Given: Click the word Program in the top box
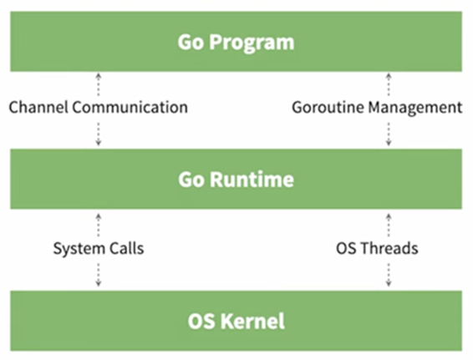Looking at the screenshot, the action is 252,43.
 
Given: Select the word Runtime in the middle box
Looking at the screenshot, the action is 252,180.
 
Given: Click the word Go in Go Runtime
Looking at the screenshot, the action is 191,180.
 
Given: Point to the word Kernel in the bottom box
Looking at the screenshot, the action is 252,321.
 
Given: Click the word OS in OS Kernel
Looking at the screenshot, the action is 201,321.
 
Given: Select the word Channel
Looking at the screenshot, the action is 38,108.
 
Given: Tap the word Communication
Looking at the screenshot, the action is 130,108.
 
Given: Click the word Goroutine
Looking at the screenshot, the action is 328,108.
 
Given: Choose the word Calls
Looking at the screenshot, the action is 126,248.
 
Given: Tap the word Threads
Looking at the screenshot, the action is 389,248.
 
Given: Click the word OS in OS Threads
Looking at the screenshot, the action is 347,248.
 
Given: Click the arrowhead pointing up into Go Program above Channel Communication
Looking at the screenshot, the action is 99,75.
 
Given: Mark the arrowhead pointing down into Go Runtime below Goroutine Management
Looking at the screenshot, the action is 389,143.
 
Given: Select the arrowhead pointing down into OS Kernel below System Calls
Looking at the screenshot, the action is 99,283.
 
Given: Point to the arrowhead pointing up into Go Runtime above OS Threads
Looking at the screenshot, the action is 389,216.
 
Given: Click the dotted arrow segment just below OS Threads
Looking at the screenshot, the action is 389,275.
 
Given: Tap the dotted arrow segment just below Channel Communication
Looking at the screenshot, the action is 99,134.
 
